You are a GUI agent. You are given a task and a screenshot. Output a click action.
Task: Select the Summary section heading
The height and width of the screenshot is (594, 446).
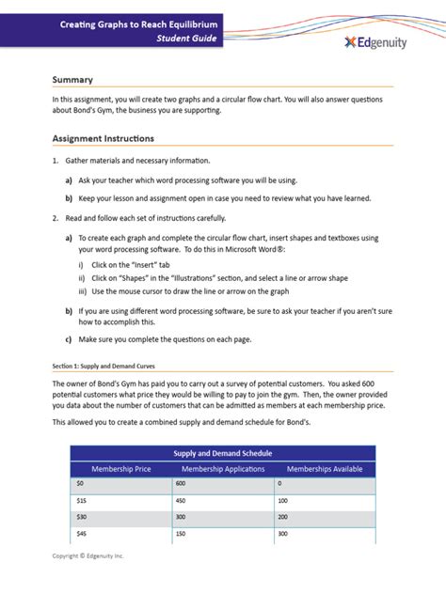[x=72, y=80]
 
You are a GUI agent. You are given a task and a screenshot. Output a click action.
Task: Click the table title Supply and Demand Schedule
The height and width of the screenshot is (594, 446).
[x=222, y=453]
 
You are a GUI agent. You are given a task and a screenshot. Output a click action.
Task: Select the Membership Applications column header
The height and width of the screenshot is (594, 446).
[x=222, y=468]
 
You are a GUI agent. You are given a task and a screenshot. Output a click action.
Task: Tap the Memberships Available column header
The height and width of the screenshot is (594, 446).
[x=324, y=468]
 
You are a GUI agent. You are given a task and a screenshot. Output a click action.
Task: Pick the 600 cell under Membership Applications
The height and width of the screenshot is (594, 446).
[x=181, y=484]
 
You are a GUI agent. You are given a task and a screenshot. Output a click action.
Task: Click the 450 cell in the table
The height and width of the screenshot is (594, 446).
[x=181, y=500]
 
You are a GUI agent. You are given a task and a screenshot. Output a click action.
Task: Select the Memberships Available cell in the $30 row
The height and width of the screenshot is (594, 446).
[x=282, y=517]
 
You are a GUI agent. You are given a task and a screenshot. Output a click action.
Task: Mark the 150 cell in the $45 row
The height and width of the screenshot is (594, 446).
[x=181, y=533]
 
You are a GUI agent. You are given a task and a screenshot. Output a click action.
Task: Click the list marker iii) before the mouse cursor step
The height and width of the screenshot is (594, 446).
[x=82, y=290]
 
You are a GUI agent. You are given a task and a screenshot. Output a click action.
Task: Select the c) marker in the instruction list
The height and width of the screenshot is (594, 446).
[x=69, y=338]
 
